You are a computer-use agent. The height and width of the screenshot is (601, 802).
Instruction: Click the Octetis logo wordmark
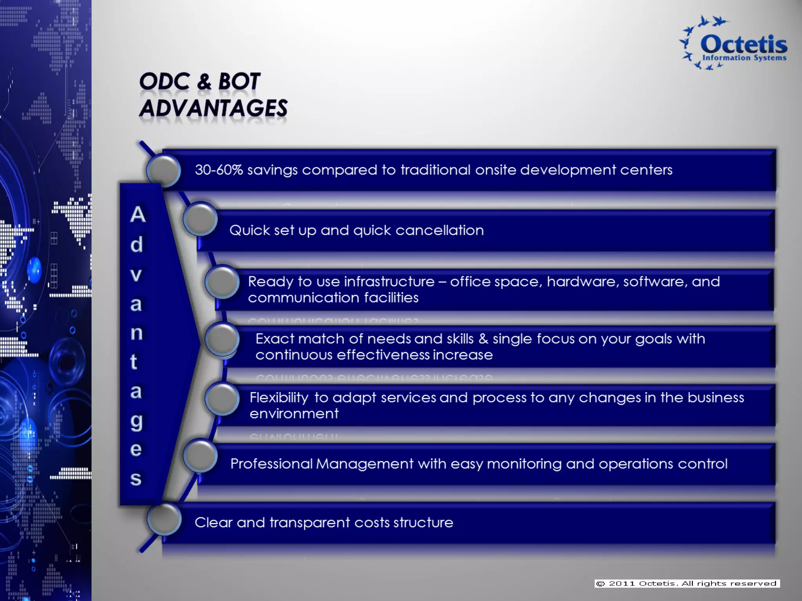[743, 45]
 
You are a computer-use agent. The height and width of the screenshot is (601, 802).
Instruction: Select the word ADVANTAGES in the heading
[213, 108]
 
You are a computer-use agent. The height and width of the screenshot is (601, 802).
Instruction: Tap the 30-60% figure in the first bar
[219, 170]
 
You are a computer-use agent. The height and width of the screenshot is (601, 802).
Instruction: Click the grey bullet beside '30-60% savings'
[164, 171]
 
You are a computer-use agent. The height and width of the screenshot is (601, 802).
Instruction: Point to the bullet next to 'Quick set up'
[200, 219]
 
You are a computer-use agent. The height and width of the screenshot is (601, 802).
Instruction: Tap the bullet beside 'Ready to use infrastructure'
[222, 282]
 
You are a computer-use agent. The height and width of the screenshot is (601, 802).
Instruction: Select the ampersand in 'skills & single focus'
[483, 339]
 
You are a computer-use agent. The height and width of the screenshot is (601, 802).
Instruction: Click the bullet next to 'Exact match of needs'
[222, 339]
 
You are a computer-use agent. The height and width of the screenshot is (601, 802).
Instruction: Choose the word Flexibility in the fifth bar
[279, 398]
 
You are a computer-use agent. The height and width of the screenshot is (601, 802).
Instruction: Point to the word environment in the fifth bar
[294, 414]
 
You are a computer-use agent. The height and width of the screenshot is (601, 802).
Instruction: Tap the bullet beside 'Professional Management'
[200, 456]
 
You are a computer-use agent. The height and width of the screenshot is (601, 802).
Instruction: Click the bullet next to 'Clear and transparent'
[164, 520]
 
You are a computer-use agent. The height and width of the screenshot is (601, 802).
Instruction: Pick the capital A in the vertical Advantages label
[138, 214]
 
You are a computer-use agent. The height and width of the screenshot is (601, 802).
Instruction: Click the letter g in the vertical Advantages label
[136, 421]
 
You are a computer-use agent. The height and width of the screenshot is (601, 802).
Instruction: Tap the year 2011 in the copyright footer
[621, 583]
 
